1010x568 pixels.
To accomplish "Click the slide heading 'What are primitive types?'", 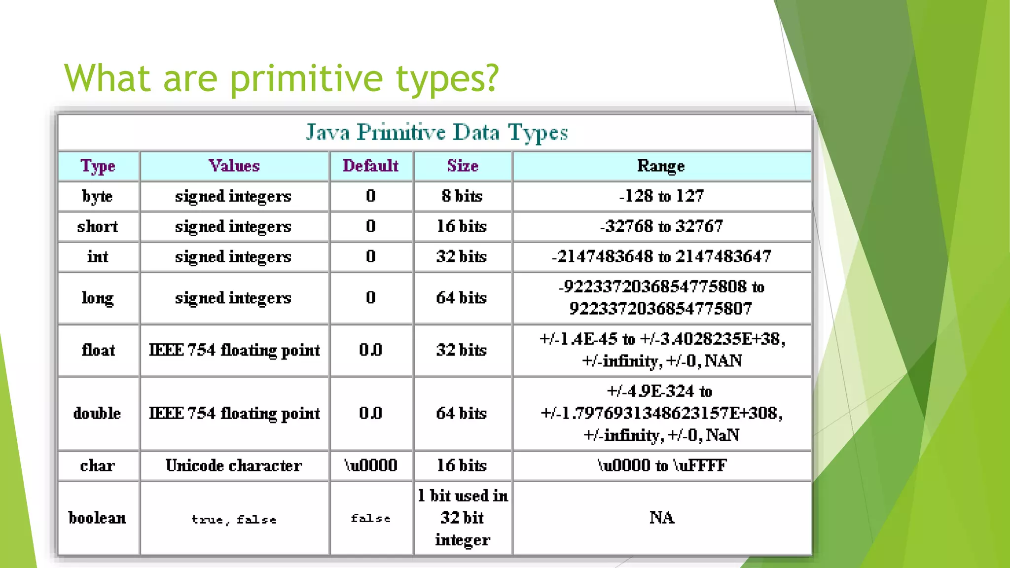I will pos(281,78).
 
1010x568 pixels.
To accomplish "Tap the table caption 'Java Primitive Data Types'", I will pos(436,132).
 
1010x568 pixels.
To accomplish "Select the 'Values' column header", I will pos(234,166).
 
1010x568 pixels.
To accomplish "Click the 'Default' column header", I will pos(370,166).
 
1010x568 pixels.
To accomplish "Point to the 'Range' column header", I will pos(661,166).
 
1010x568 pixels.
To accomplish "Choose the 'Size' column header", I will pos(462,166).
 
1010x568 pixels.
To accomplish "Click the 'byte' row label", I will pos(98,196).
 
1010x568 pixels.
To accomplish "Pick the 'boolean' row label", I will pos(97,518).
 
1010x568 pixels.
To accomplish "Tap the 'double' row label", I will pos(97,413).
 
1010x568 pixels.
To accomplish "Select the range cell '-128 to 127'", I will pos(661,196).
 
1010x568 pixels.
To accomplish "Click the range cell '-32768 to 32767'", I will pos(661,226).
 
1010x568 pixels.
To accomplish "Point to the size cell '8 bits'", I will pos(462,196).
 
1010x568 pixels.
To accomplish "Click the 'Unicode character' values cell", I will pos(234,465).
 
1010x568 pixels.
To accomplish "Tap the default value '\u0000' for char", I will pos(370,465).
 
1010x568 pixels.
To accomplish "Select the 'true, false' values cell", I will pos(234,519).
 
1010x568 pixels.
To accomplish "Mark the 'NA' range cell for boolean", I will pos(661,518).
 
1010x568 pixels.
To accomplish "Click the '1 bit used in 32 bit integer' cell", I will pos(463,518).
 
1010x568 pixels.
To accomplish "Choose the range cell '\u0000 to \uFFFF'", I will pos(661,465).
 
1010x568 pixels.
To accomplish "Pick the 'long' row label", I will pos(98,298).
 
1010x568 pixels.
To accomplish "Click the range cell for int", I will pos(661,256).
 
